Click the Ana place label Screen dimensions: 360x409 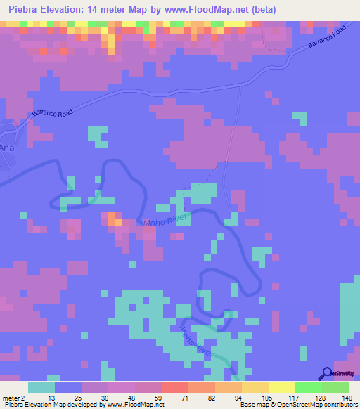tap(7, 148)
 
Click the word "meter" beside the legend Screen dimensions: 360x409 tap(11, 398)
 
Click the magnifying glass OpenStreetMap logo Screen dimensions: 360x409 tap(326, 373)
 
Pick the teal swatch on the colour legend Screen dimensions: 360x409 tap(41, 387)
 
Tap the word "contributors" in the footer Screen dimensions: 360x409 tap(340, 405)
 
